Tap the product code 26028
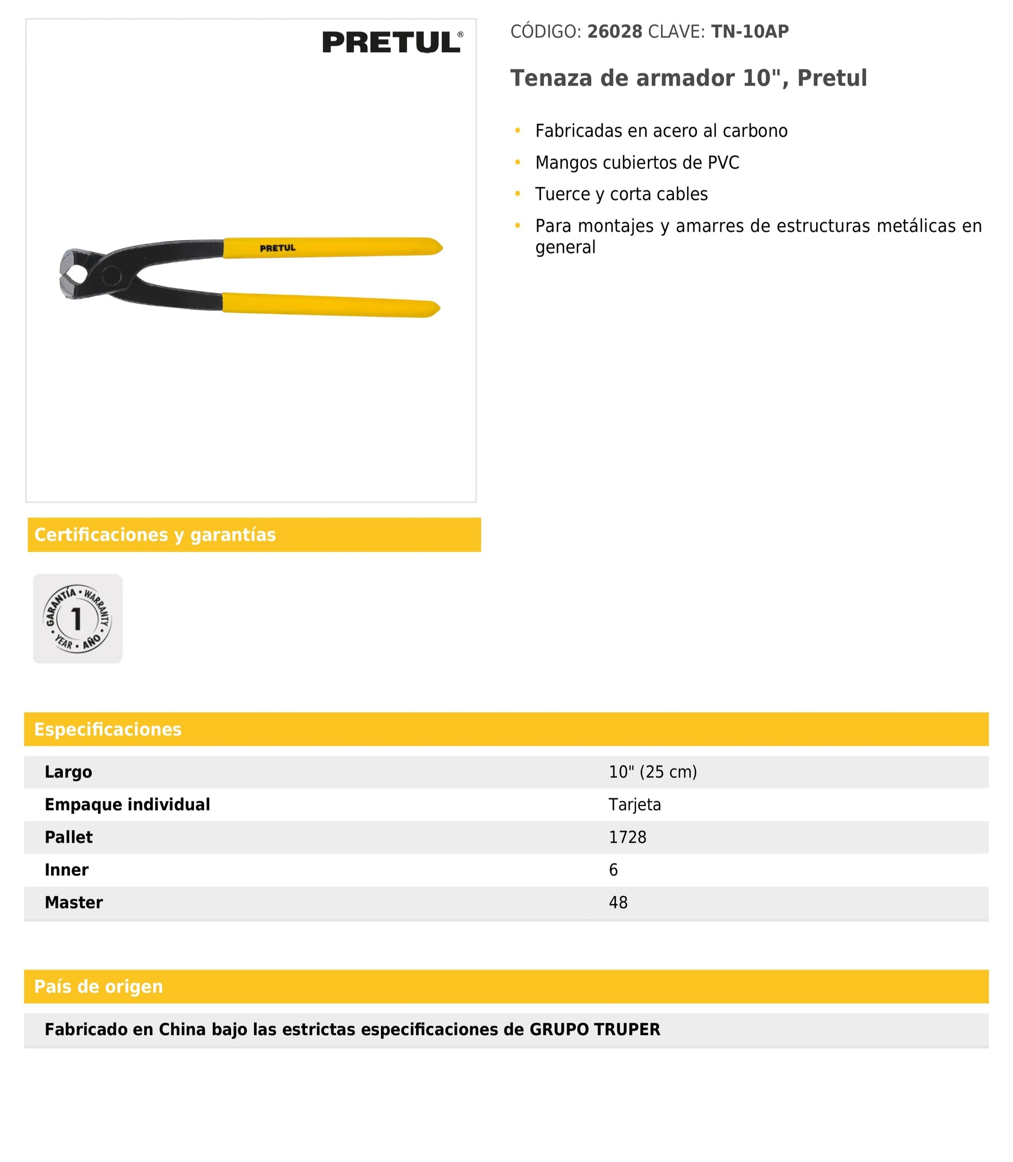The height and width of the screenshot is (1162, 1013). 614,32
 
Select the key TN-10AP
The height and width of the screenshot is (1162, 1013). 750,32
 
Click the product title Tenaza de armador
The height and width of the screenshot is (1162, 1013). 688,78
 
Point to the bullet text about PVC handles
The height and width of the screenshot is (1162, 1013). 637,163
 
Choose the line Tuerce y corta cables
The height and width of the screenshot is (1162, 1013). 621,195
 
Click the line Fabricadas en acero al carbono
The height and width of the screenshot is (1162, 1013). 661,131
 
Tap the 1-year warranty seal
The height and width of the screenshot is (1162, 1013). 78,618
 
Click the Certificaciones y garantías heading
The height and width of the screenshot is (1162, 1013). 155,534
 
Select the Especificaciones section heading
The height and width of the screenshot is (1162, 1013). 108,729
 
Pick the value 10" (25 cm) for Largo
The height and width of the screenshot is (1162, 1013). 652,772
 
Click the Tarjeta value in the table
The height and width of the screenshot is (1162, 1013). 634,805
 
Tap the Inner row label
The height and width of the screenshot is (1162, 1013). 67,870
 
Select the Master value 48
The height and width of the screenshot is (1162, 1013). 618,902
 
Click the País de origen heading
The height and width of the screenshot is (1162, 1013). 98,987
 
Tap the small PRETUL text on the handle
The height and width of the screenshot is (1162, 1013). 277,248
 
